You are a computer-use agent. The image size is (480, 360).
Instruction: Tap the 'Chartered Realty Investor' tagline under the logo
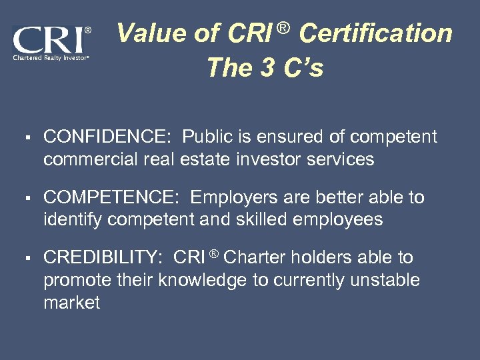point(49,58)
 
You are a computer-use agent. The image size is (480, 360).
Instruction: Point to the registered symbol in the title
point(283,28)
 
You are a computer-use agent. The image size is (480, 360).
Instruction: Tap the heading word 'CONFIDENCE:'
point(107,137)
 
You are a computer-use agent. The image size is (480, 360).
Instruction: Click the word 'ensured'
point(293,137)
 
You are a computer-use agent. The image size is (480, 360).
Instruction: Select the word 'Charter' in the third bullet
point(256,257)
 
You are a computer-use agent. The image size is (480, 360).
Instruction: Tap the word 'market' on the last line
point(71,303)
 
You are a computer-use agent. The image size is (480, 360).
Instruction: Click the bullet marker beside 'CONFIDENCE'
point(23,138)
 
